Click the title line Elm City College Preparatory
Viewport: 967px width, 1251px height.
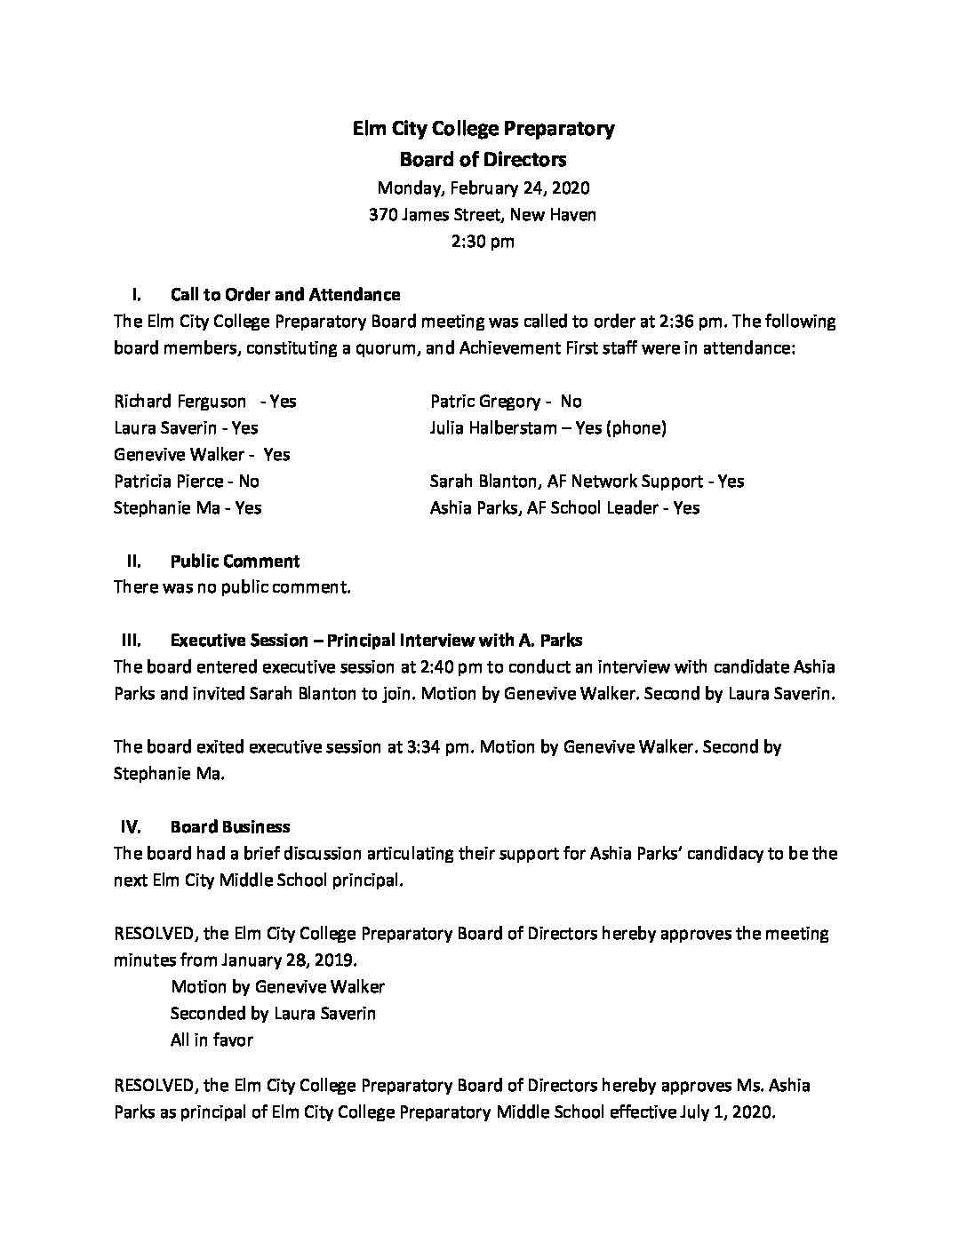pos(483,129)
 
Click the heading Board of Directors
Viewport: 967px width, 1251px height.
pos(483,160)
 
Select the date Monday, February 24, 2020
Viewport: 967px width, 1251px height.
pos(483,187)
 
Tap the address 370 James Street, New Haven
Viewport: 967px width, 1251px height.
pos(483,214)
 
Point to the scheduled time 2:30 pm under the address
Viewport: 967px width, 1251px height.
pos(483,241)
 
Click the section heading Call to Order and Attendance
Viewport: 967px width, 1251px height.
pos(284,294)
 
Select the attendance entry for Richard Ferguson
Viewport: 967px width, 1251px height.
pos(205,401)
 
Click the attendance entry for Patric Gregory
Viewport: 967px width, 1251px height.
pos(506,401)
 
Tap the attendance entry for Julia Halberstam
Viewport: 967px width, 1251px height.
pos(547,427)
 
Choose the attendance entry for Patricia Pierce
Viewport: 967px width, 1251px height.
pos(187,481)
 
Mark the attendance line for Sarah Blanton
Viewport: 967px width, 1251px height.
pos(587,481)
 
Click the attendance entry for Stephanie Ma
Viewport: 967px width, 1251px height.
pos(188,507)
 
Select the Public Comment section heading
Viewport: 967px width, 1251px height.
pos(235,561)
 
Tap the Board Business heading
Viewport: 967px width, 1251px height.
pos(230,826)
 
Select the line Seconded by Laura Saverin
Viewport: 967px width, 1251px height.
pos(273,1013)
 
